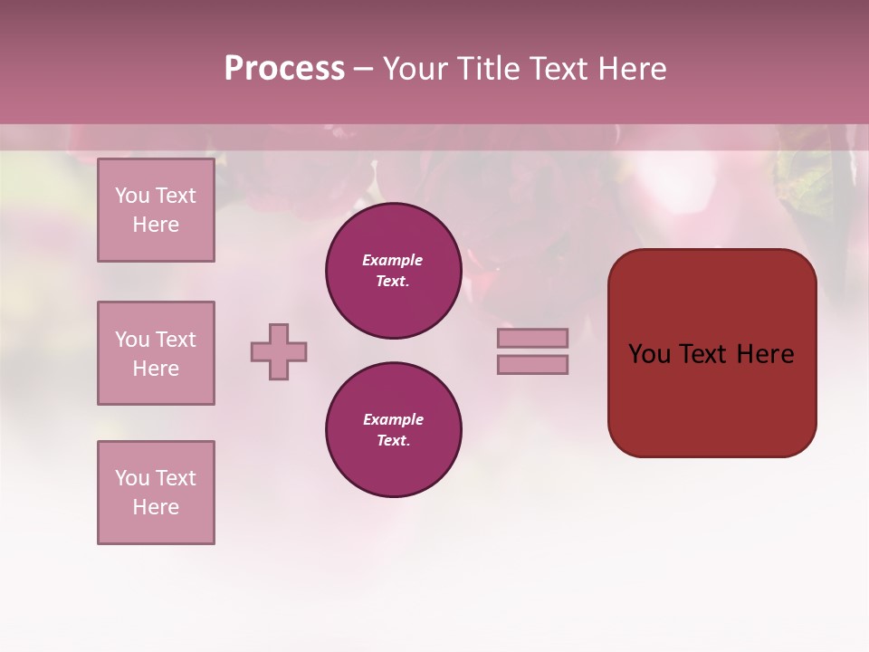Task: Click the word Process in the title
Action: pyautogui.click(x=284, y=69)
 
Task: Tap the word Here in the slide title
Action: pyautogui.click(x=631, y=69)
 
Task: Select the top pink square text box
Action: pyautogui.click(x=156, y=210)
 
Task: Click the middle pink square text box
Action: pyautogui.click(x=156, y=353)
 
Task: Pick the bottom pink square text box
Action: pyautogui.click(x=156, y=493)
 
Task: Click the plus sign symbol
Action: pyautogui.click(x=279, y=351)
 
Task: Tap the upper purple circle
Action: pyautogui.click(x=393, y=271)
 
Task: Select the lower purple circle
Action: pyautogui.click(x=393, y=430)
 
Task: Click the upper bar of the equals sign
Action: pyautogui.click(x=532, y=338)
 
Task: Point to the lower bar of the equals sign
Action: pyautogui.click(x=532, y=364)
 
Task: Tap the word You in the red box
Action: pyautogui.click(x=649, y=354)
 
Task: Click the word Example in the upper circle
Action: pyautogui.click(x=392, y=260)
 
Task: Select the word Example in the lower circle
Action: pyautogui.click(x=393, y=419)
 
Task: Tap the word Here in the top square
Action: pyautogui.click(x=156, y=225)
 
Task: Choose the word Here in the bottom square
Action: pyautogui.click(x=156, y=507)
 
